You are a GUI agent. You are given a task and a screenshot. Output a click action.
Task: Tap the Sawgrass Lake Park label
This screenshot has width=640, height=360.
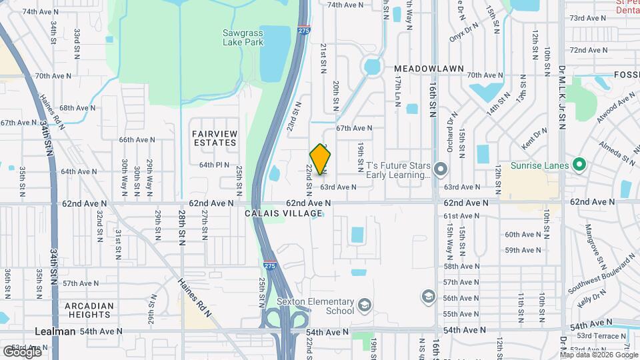(x=243, y=37)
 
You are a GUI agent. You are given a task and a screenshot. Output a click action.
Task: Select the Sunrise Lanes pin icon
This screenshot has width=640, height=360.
(x=579, y=165)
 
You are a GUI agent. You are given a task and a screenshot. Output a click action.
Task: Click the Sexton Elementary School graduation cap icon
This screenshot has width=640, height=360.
(x=364, y=305)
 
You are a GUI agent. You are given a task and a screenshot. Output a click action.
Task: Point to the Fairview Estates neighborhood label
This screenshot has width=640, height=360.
(x=215, y=138)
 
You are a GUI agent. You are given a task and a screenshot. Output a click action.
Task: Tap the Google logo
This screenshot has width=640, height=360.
(x=22, y=352)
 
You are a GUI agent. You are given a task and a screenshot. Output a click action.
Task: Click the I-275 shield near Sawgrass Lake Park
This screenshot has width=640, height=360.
(x=303, y=30)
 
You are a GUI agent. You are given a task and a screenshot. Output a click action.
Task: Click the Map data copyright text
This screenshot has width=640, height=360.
(x=598, y=355)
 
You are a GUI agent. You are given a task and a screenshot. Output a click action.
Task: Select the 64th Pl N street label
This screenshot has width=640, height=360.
(x=214, y=165)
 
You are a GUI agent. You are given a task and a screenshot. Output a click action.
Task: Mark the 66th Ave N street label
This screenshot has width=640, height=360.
(x=137, y=140)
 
